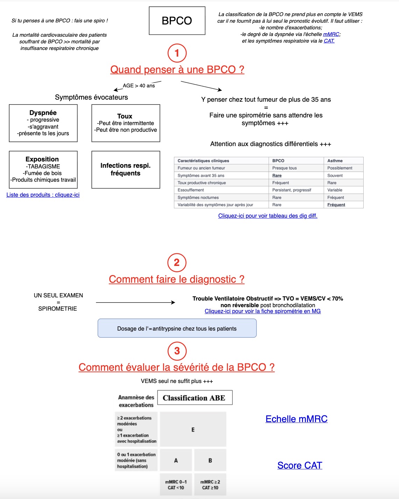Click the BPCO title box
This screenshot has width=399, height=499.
coord(177,21)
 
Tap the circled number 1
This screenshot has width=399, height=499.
coord(177,53)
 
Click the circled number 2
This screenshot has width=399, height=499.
coord(177,262)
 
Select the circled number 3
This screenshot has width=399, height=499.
coord(177,351)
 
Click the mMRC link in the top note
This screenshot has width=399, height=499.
coord(331,34)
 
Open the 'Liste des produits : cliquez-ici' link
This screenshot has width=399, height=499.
coord(43,195)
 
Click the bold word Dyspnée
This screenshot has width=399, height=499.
coord(43,113)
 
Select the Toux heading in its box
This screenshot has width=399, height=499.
coord(125,116)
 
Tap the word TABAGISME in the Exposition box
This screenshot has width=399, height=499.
coord(43,166)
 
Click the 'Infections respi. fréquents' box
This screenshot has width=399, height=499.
coord(126,169)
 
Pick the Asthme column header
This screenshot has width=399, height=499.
coord(335,161)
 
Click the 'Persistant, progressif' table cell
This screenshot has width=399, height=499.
coord(292,190)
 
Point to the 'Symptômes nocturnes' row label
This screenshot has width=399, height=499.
coord(198,197)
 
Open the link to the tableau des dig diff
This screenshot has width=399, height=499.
coord(268,216)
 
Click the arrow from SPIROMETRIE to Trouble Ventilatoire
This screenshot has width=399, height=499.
coord(135,302)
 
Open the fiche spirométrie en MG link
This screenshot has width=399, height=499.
coord(262,311)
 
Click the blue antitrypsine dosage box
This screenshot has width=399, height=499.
coord(177,328)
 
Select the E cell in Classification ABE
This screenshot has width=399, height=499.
coord(193,429)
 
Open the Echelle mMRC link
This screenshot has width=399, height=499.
coord(296,419)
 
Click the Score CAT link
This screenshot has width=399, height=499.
coord(300,465)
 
